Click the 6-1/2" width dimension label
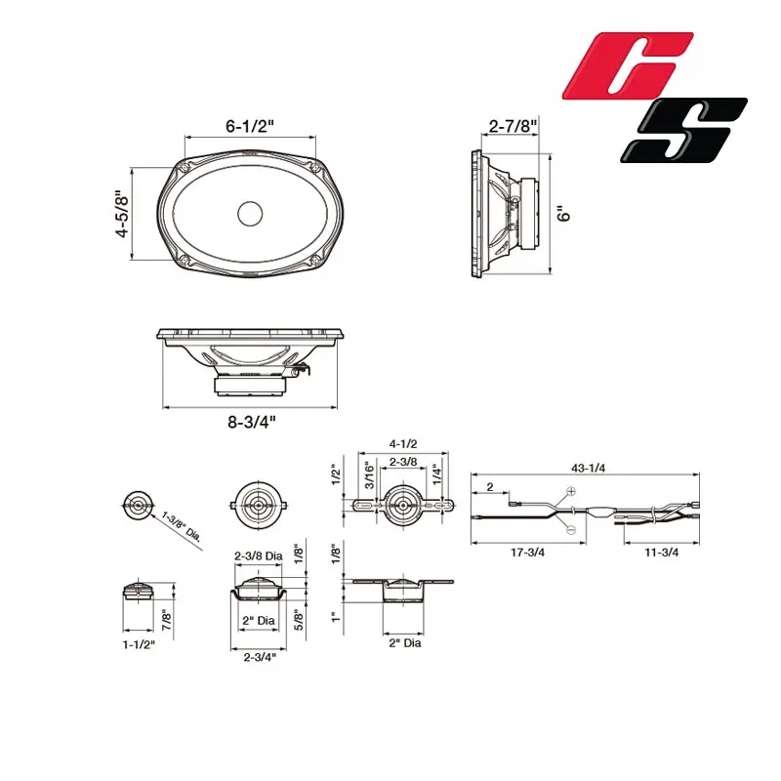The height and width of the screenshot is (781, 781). coord(250,126)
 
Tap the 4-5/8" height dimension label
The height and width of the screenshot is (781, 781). coord(122,214)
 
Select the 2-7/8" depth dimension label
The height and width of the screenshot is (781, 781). coord(514,126)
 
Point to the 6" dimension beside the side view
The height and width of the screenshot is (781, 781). coord(563,214)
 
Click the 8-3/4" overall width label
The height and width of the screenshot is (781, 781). coord(252,422)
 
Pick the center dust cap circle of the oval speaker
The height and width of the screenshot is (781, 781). coord(250,214)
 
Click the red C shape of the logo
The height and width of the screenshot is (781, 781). coord(628,65)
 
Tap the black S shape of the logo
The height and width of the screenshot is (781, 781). coord(684,130)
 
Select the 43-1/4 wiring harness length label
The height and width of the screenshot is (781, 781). coord(589,469)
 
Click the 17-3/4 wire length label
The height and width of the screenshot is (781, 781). coord(527,553)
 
